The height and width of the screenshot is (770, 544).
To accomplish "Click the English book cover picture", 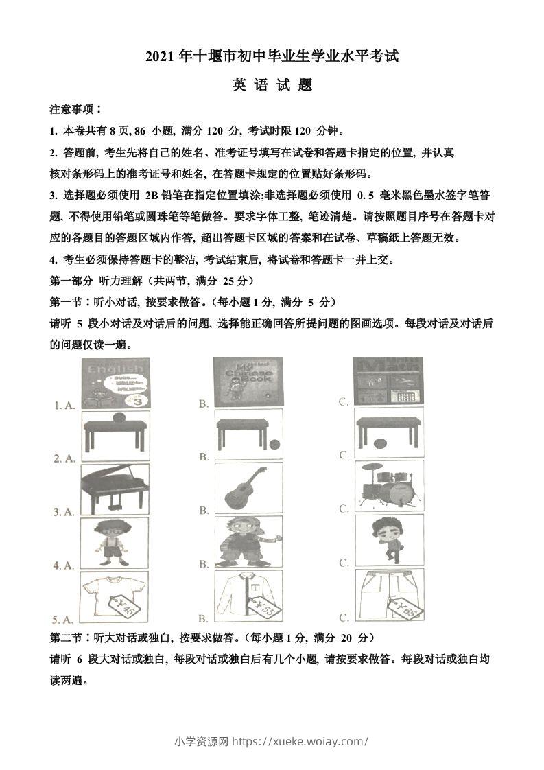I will (x=115, y=383).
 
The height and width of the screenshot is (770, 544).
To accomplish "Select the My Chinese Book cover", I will (x=248, y=382).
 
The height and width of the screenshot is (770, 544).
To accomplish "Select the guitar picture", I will (x=248, y=487).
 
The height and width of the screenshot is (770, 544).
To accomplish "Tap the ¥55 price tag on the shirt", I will (x=265, y=606).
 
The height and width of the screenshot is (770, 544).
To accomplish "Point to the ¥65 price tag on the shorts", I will (x=404, y=606).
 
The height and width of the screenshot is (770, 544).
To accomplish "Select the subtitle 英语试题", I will (x=272, y=85).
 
